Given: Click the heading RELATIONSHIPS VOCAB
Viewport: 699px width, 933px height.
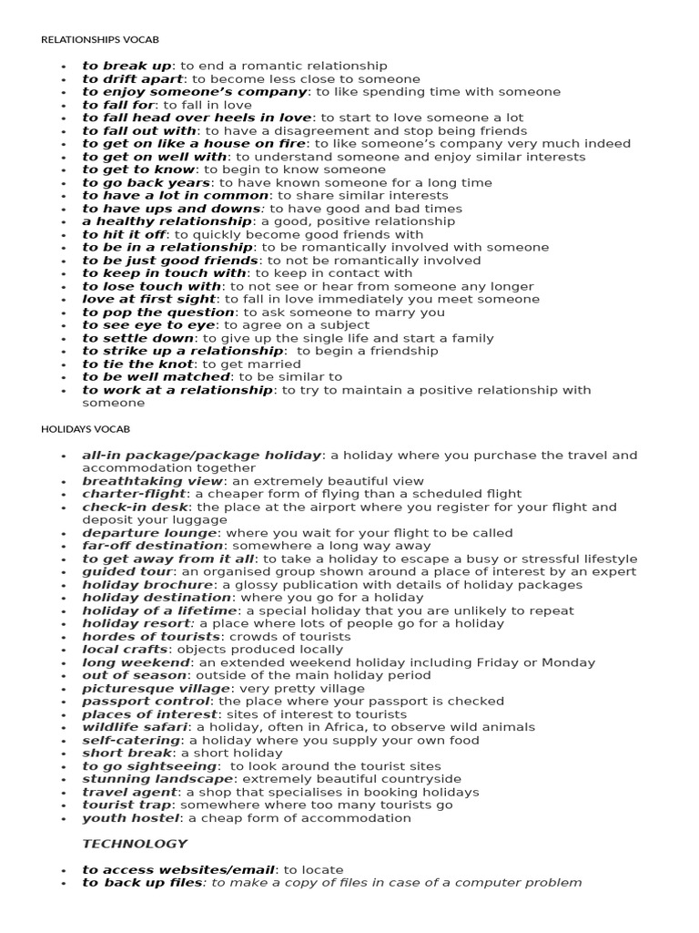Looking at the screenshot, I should [x=100, y=40].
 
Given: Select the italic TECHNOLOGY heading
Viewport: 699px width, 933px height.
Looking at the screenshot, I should [x=135, y=844].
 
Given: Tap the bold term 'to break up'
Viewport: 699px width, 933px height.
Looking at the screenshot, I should [x=127, y=66].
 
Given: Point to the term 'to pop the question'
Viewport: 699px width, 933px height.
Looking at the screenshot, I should [x=158, y=313].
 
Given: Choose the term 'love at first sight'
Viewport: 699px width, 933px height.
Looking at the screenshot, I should [x=149, y=300].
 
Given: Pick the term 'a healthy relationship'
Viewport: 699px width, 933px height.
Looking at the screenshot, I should [x=167, y=221].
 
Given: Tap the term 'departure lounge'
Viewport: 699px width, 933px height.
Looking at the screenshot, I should [x=150, y=533].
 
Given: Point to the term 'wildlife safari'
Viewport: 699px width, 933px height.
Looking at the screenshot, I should [x=135, y=727].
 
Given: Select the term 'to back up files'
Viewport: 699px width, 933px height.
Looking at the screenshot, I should [x=141, y=883].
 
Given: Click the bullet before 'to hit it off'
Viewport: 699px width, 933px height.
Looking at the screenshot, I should [x=63, y=235].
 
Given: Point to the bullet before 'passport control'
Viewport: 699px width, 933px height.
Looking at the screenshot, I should [x=63, y=702].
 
